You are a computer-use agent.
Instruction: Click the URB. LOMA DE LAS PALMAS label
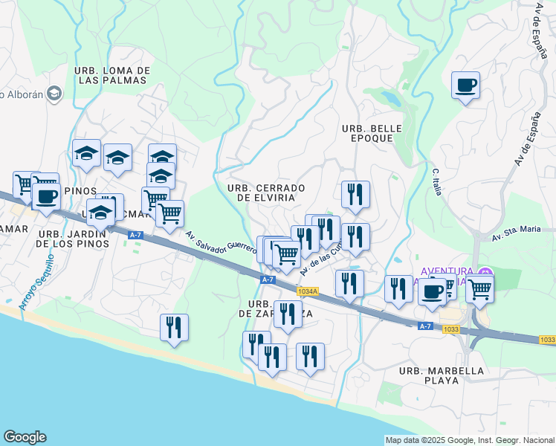click(113, 75)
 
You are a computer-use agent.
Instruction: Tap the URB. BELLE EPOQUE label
click(372, 134)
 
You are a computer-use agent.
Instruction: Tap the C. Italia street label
click(437, 182)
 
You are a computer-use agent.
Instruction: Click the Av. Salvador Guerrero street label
click(222, 243)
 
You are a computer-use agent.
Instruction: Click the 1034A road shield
click(307, 292)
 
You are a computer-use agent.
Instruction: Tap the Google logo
click(25, 437)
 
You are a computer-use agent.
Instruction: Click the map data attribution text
click(470, 440)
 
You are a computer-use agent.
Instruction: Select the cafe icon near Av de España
click(465, 86)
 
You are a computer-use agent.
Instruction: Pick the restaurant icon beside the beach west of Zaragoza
click(174, 328)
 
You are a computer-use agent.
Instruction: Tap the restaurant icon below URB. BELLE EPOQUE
click(355, 195)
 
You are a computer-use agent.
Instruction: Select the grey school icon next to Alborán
click(54, 94)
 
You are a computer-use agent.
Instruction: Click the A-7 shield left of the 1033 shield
click(425, 326)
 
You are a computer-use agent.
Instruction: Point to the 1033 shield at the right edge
click(547, 340)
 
